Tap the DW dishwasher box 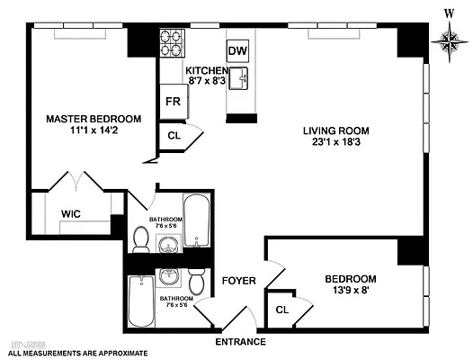coord(237,50)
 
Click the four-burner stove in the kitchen coord(172,42)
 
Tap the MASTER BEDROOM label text coord(94,119)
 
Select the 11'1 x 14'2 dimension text coord(94,132)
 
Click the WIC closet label coord(73,213)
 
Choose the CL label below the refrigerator coord(174,136)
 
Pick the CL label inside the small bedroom coord(281,310)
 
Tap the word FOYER coord(240,281)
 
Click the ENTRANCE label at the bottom coord(240,342)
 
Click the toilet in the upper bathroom coord(141,239)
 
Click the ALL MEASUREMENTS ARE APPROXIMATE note coord(73,354)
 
